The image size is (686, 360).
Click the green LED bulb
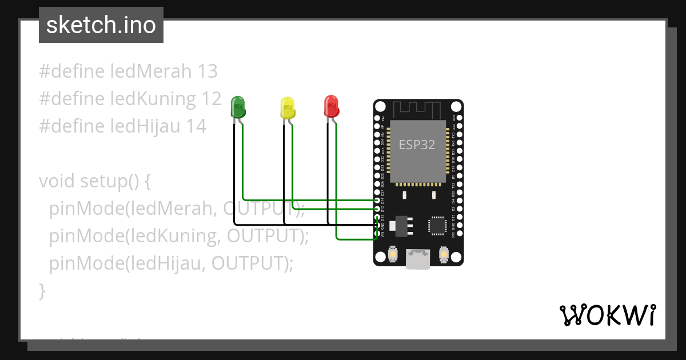pyautogui.click(x=238, y=106)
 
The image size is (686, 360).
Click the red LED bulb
pyautogui.click(x=331, y=106)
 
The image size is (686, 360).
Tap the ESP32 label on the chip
pyautogui.click(x=417, y=145)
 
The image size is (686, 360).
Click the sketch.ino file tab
pyautogui.click(x=101, y=25)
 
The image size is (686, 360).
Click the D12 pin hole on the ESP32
pyautogui.click(x=377, y=209)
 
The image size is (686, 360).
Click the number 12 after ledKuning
pyautogui.click(x=211, y=99)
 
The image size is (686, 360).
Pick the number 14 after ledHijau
pyautogui.click(x=196, y=126)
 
